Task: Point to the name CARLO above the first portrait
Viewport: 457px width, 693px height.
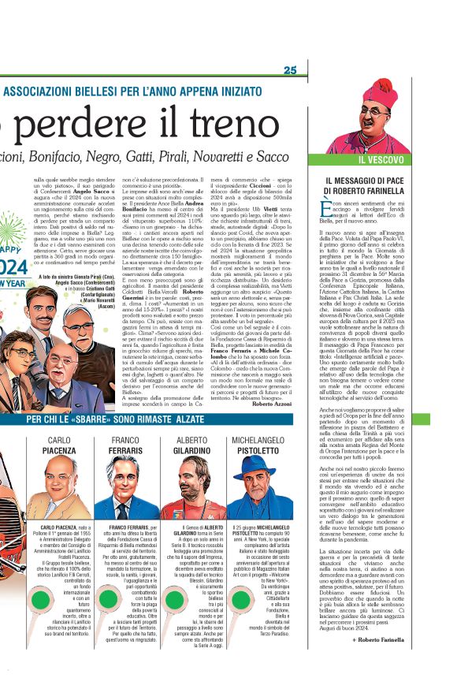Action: click(59, 439)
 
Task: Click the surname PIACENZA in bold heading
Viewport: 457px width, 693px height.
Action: click(60, 449)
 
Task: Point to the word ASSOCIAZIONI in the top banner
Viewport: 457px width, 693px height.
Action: click(40, 90)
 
